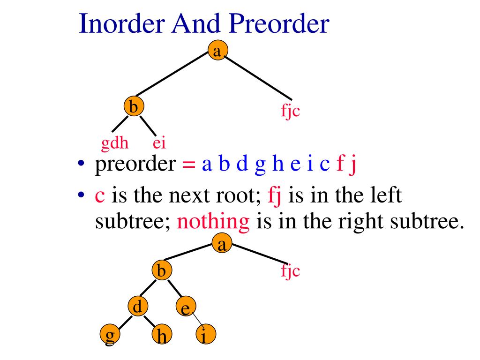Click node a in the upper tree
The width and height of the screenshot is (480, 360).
[217, 50]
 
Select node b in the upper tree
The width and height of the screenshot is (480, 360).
[134, 107]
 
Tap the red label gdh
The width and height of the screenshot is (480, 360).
[115, 143]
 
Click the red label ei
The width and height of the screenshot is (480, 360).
[159, 143]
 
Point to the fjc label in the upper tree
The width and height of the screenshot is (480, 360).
[290, 111]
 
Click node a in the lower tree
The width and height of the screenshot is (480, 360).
[222, 244]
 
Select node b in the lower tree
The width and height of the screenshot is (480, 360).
[162, 270]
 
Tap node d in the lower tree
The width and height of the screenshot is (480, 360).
[138, 307]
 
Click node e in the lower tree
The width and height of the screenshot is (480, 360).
[186, 308]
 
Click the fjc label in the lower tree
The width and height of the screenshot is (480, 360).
[290, 270]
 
